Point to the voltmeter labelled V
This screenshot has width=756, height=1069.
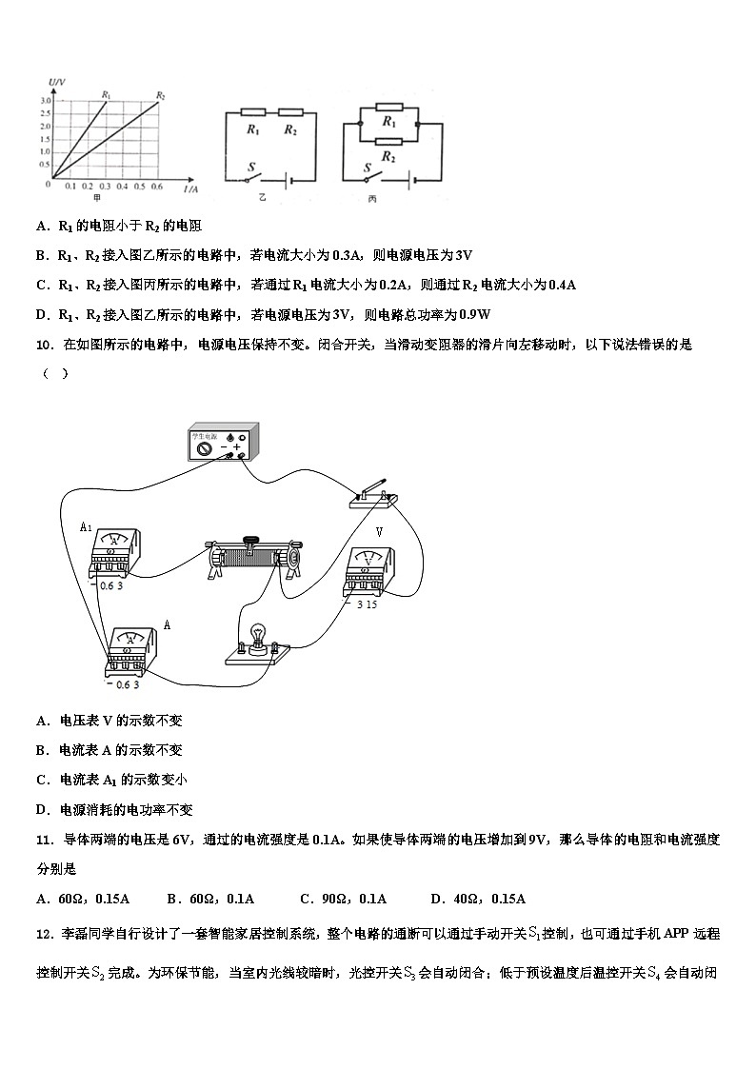click(368, 572)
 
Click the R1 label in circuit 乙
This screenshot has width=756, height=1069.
click(252, 130)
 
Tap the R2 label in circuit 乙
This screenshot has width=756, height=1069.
click(289, 130)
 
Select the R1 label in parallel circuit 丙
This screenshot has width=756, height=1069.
click(388, 122)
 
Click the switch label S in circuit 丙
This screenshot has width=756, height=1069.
click(367, 168)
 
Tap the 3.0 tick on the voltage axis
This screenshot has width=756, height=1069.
click(45, 100)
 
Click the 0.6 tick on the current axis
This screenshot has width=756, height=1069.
click(157, 186)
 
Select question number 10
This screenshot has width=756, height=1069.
click(43, 345)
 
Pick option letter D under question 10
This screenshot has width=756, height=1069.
click(42, 810)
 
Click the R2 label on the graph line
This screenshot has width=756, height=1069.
click(161, 95)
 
